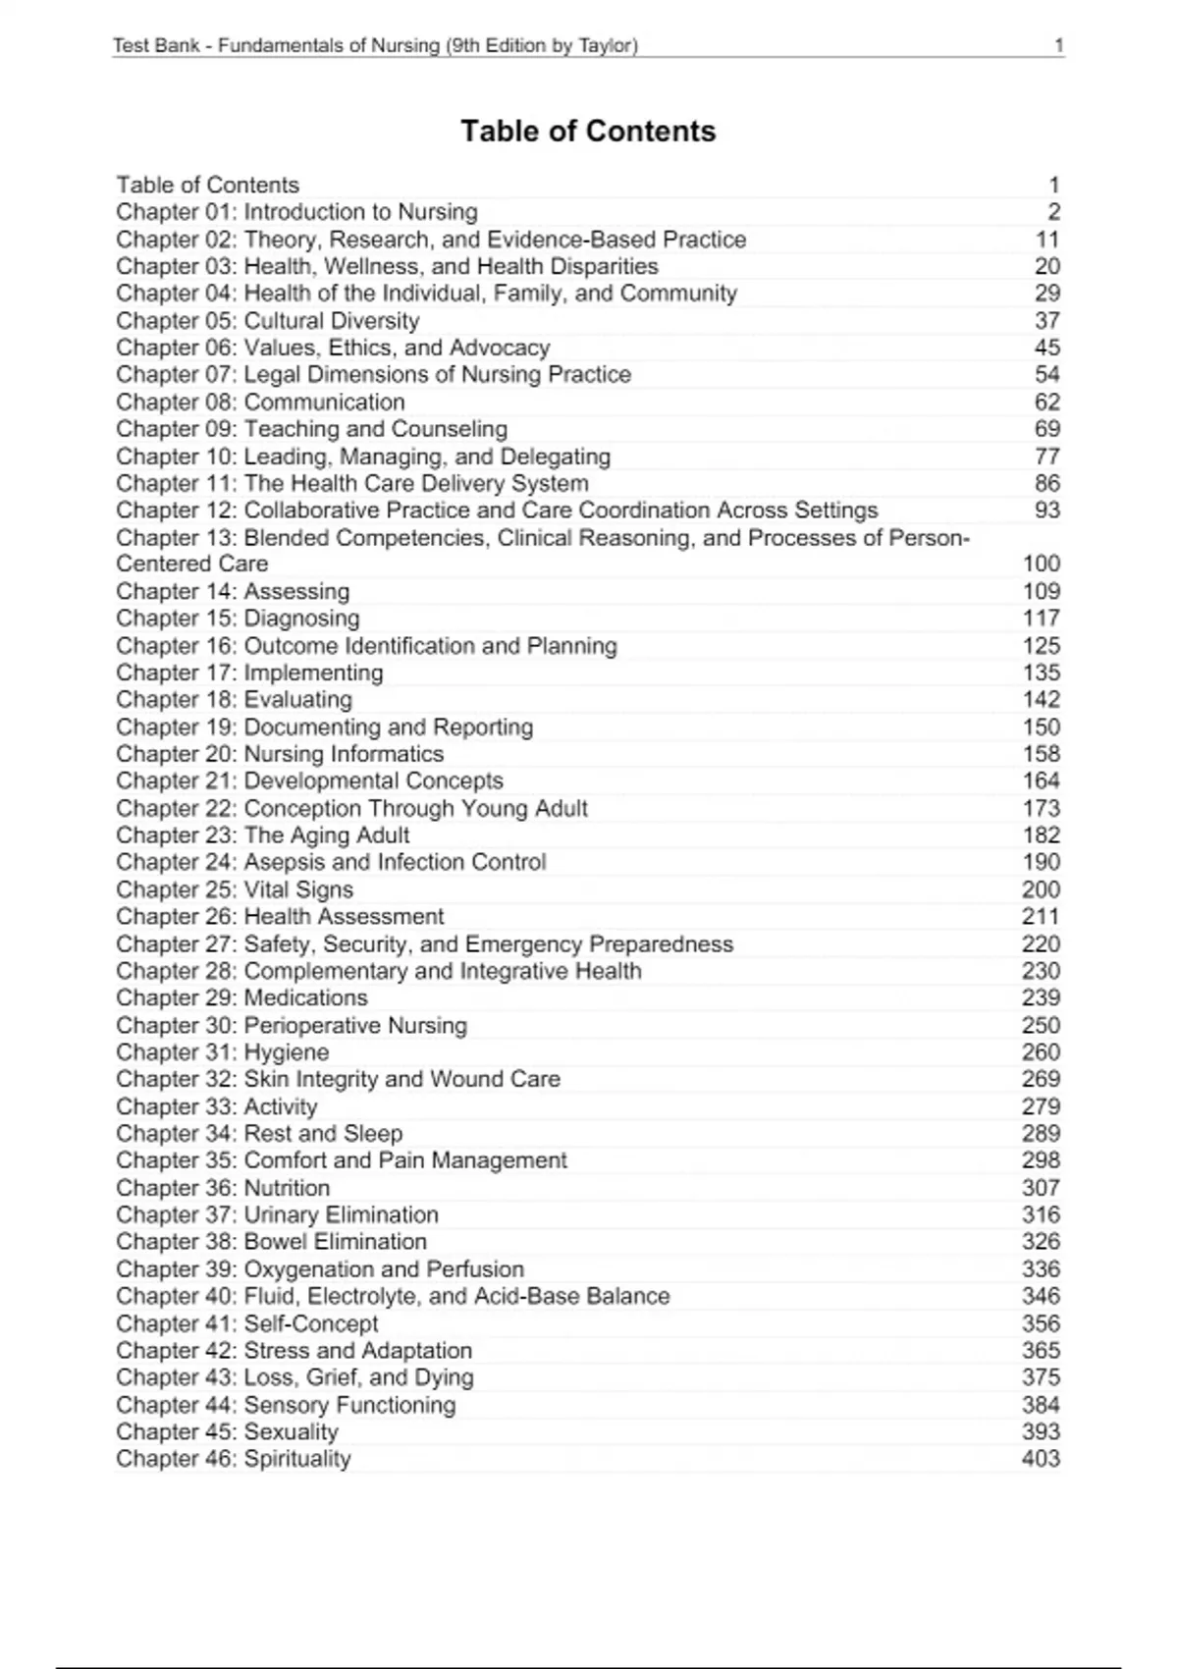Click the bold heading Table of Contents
588,132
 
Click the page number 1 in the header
1058,45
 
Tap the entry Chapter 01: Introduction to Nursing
296,212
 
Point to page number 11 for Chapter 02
1047,240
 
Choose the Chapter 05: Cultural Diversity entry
267,321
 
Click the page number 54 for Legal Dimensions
1047,375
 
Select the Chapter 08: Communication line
260,403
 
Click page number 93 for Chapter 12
1047,511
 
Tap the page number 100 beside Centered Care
1041,564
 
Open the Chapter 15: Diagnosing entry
238,619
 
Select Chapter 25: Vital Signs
235,889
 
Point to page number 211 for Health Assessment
1041,917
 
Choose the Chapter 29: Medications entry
241,998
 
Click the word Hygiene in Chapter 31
287,1052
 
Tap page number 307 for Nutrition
1041,1188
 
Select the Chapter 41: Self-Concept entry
246,1323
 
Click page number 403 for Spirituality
1041,1459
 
